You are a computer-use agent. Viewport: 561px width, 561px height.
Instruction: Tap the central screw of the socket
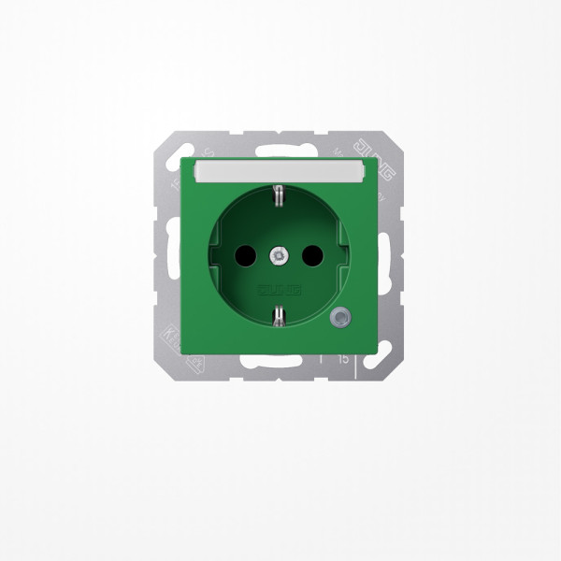(280, 253)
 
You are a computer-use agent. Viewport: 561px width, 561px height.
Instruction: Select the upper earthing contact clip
(279, 195)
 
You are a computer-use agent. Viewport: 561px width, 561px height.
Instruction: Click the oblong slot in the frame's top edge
(280, 149)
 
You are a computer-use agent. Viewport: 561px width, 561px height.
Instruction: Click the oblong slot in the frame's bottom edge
(280, 361)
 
